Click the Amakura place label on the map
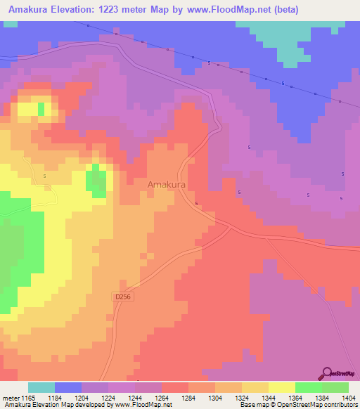166,184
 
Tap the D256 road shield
122,298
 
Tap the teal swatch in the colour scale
41,387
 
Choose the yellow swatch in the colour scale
281,387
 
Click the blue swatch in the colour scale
68,387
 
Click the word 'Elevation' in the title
82,9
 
